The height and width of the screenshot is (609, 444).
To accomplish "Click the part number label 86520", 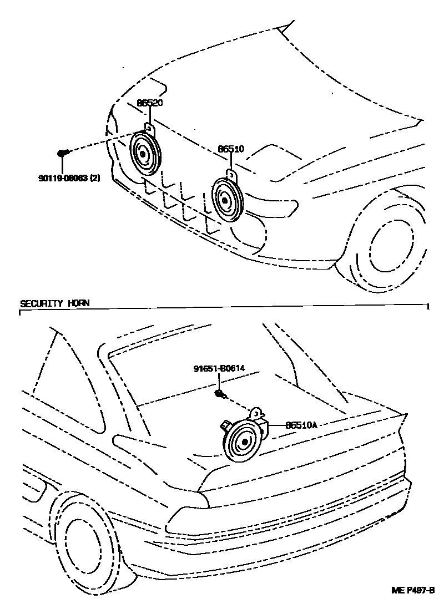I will [150, 103].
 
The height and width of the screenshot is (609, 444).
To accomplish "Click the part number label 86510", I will [231, 149].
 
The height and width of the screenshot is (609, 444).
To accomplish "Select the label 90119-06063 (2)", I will [69, 179].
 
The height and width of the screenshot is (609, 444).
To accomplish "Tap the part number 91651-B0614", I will [220, 367].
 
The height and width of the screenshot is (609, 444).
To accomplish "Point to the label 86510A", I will [301, 425].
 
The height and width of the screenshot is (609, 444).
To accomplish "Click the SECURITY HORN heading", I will [54, 303].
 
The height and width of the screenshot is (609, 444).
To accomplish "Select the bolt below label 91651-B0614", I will [220, 394].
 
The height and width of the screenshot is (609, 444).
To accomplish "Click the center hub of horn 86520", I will [143, 155].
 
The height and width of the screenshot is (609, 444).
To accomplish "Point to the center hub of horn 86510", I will [224, 200].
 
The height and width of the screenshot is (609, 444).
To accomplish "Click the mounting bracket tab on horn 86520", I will [149, 128].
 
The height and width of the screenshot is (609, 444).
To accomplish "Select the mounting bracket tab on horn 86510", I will [231, 174].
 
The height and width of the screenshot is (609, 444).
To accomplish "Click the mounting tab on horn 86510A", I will [256, 413].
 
